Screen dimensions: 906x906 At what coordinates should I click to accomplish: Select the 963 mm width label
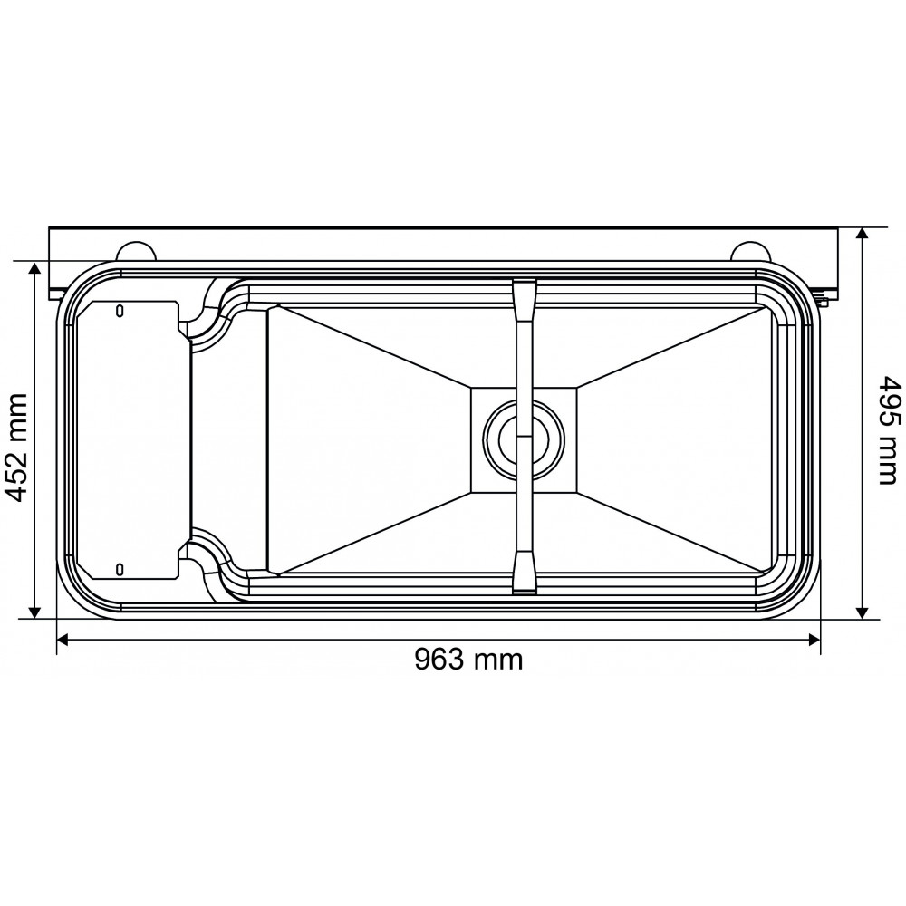click(x=468, y=659)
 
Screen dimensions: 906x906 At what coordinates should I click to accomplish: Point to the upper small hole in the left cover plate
click(x=120, y=311)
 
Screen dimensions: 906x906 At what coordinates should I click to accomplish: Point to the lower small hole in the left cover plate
click(x=120, y=568)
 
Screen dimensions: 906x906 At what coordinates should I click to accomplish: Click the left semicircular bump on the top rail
click(x=133, y=251)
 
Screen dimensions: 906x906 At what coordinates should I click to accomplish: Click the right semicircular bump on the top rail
click(x=748, y=251)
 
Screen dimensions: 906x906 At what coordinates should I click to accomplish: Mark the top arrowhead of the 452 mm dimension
click(x=35, y=269)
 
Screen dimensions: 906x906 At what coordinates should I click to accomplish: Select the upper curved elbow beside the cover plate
click(x=208, y=313)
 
